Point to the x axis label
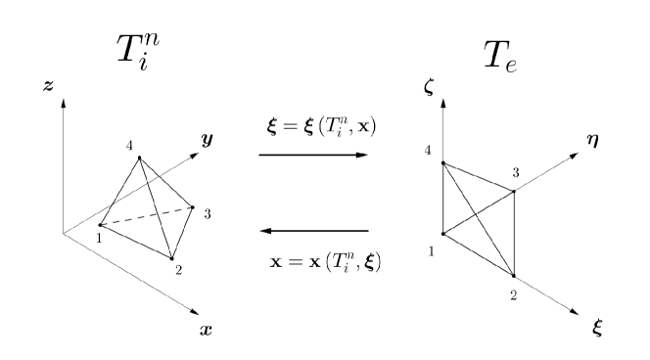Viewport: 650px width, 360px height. [x=205, y=329]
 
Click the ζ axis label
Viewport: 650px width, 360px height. [x=429, y=87]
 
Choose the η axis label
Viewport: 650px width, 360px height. [x=594, y=142]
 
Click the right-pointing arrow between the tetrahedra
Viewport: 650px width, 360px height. [x=313, y=155]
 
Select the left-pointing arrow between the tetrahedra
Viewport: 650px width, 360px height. [x=313, y=231]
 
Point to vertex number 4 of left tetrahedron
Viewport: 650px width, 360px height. [x=139, y=157]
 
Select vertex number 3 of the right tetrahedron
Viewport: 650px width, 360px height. [x=514, y=191]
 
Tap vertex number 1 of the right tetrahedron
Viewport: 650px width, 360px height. [x=443, y=234]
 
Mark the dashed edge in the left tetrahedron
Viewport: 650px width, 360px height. [x=147, y=216]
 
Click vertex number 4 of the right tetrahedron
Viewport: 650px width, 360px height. [x=443, y=163]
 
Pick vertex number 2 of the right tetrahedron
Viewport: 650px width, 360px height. [x=514, y=276]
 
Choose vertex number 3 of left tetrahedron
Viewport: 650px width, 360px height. [x=192, y=207]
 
